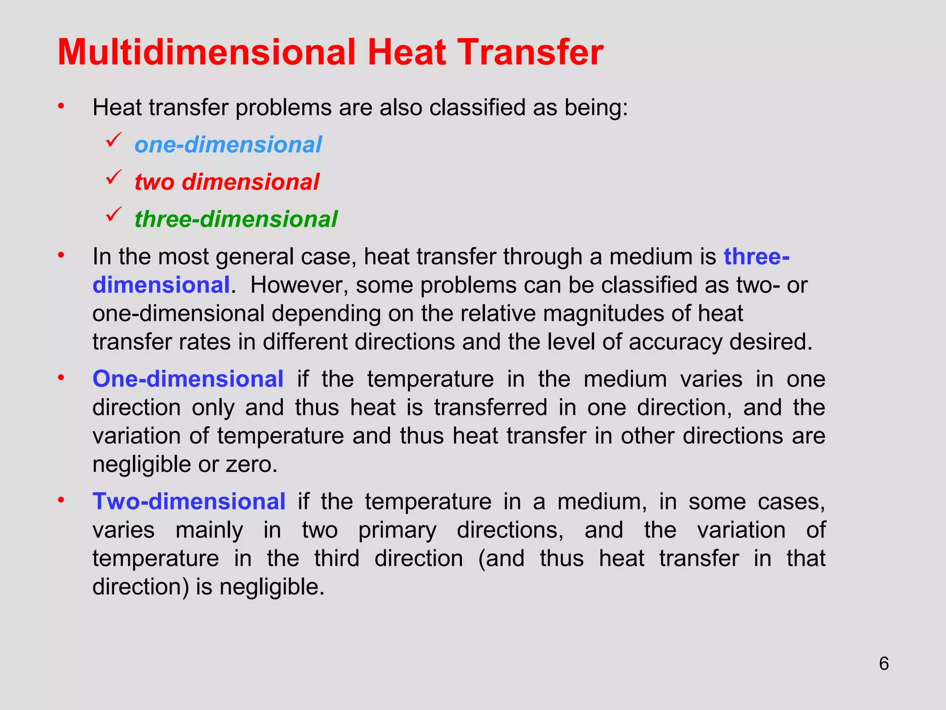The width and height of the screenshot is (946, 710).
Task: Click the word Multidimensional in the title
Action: click(206, 52)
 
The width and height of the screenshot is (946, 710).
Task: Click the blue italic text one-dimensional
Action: click(228, 145)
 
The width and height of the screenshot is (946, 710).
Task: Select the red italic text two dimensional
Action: click(227, 182)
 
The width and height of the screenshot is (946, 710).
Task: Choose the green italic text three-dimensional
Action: click(236, 219)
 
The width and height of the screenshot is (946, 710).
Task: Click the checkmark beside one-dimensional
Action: click(113, 140)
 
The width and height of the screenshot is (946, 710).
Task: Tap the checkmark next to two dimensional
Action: click(113, 177)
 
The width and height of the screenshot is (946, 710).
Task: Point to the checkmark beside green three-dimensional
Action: click(113, 214)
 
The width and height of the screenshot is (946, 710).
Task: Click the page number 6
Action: click(884, 664)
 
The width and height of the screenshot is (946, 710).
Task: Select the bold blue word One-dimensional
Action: click(188, 379)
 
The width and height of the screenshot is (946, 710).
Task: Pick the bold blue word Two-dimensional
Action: click(189, 502)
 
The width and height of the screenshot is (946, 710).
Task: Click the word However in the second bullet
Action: click(299, 285)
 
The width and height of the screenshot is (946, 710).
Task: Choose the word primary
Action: click(397, 530)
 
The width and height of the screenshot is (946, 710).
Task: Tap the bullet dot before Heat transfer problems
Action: click(61, 107)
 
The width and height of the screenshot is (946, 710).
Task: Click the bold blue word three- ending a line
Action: click(756, 257)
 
